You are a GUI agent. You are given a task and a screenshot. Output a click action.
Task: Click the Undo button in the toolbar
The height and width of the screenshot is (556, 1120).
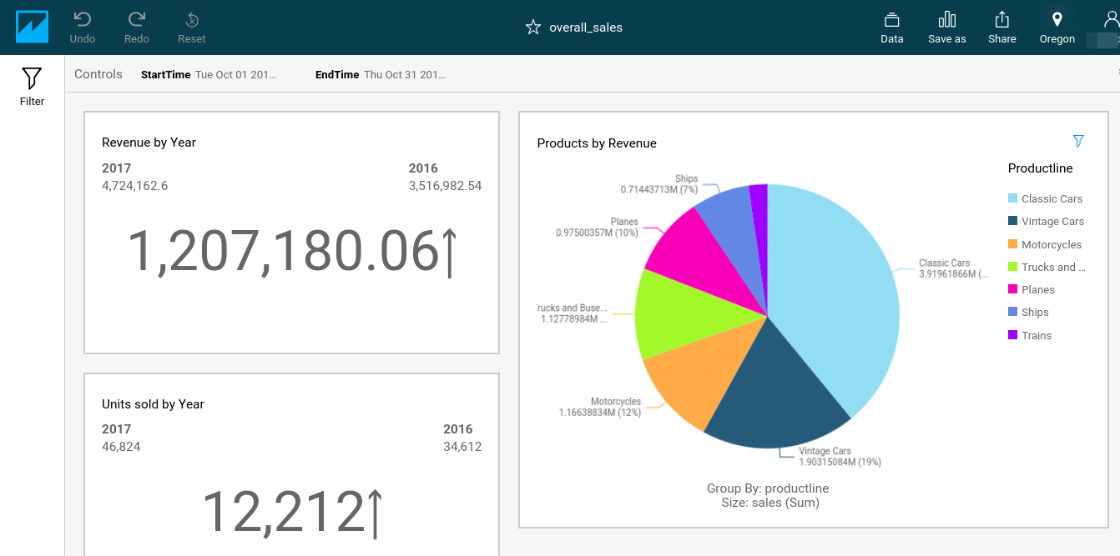(x=83, y=28)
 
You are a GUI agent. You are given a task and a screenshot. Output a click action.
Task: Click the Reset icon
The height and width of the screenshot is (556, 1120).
(x=191, y=28)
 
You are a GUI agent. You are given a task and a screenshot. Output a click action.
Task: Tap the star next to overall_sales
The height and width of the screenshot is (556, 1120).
(x=533, y=28)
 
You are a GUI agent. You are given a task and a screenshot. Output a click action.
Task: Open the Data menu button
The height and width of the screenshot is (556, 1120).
(x=891, y=28)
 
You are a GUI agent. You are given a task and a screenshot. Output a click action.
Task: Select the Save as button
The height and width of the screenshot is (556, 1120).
(x=946, y=28)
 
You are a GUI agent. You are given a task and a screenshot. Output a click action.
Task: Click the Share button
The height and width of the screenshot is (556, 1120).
(x=1002, y=28)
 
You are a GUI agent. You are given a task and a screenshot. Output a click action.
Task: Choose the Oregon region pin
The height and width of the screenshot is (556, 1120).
(x=1057, y=28)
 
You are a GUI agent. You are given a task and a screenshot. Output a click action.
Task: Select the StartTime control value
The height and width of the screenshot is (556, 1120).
(x=235, y=74)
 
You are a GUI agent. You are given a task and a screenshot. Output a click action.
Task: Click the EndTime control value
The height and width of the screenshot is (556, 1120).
(x=404, y=74)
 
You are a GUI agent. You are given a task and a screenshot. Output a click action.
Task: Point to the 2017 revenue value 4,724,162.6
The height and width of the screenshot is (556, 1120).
(x=134, y=186)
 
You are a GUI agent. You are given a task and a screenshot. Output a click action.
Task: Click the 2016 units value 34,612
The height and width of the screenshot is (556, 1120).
(x=462, y=447)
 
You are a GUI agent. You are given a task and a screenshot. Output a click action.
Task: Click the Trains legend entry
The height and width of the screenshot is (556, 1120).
(x=1036, y=335)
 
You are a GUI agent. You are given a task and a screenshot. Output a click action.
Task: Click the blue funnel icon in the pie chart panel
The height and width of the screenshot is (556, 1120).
(x=1078, y=141)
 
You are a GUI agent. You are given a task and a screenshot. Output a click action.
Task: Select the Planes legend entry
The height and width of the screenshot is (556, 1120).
(x=1037, y=289)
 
